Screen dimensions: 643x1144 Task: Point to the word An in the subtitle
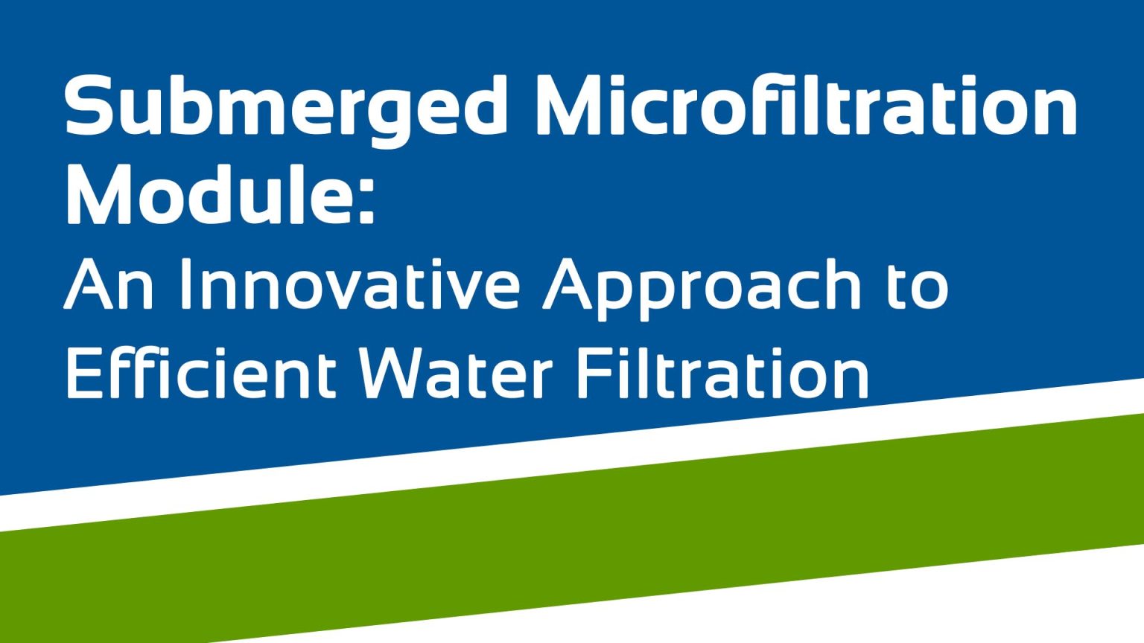109,285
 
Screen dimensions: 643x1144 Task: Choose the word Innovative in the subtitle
350,285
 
